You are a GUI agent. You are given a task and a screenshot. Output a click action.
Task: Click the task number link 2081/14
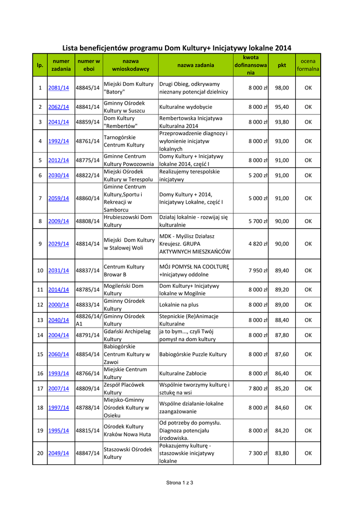(58, 88)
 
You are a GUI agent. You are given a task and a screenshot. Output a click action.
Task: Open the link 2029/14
(58, 244)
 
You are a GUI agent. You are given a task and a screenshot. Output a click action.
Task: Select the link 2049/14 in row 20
(58, 453)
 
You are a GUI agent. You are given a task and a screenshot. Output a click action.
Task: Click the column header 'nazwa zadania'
(195, 65)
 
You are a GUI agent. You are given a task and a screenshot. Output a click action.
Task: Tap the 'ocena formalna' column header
(308, 65)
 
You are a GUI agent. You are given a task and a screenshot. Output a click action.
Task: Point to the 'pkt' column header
(282, 65)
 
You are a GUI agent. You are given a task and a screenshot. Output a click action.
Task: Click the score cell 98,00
(282, 88)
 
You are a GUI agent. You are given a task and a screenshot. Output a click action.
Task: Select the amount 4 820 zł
(258, 244)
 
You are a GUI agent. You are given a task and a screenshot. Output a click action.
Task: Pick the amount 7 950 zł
(258, 270)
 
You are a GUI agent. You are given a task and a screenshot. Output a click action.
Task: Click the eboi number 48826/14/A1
(89, 320)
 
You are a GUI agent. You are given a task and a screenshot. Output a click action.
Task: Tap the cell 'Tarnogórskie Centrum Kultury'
(124, 141)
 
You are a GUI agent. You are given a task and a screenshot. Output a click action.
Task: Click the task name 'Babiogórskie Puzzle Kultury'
(193, 354)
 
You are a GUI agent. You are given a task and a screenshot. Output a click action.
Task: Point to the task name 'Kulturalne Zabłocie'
(181, 373)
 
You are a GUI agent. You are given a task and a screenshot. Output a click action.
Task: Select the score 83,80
(282, 453)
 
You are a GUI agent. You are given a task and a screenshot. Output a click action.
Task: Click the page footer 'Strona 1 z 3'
(180, 483)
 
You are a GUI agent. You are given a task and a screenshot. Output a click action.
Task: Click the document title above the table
(177, 48)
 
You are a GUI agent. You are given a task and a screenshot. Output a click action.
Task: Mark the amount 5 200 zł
(258, 175)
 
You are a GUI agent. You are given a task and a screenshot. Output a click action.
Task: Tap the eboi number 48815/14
(88, 430)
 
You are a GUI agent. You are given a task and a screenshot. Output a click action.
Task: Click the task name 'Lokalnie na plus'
(179, 305)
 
